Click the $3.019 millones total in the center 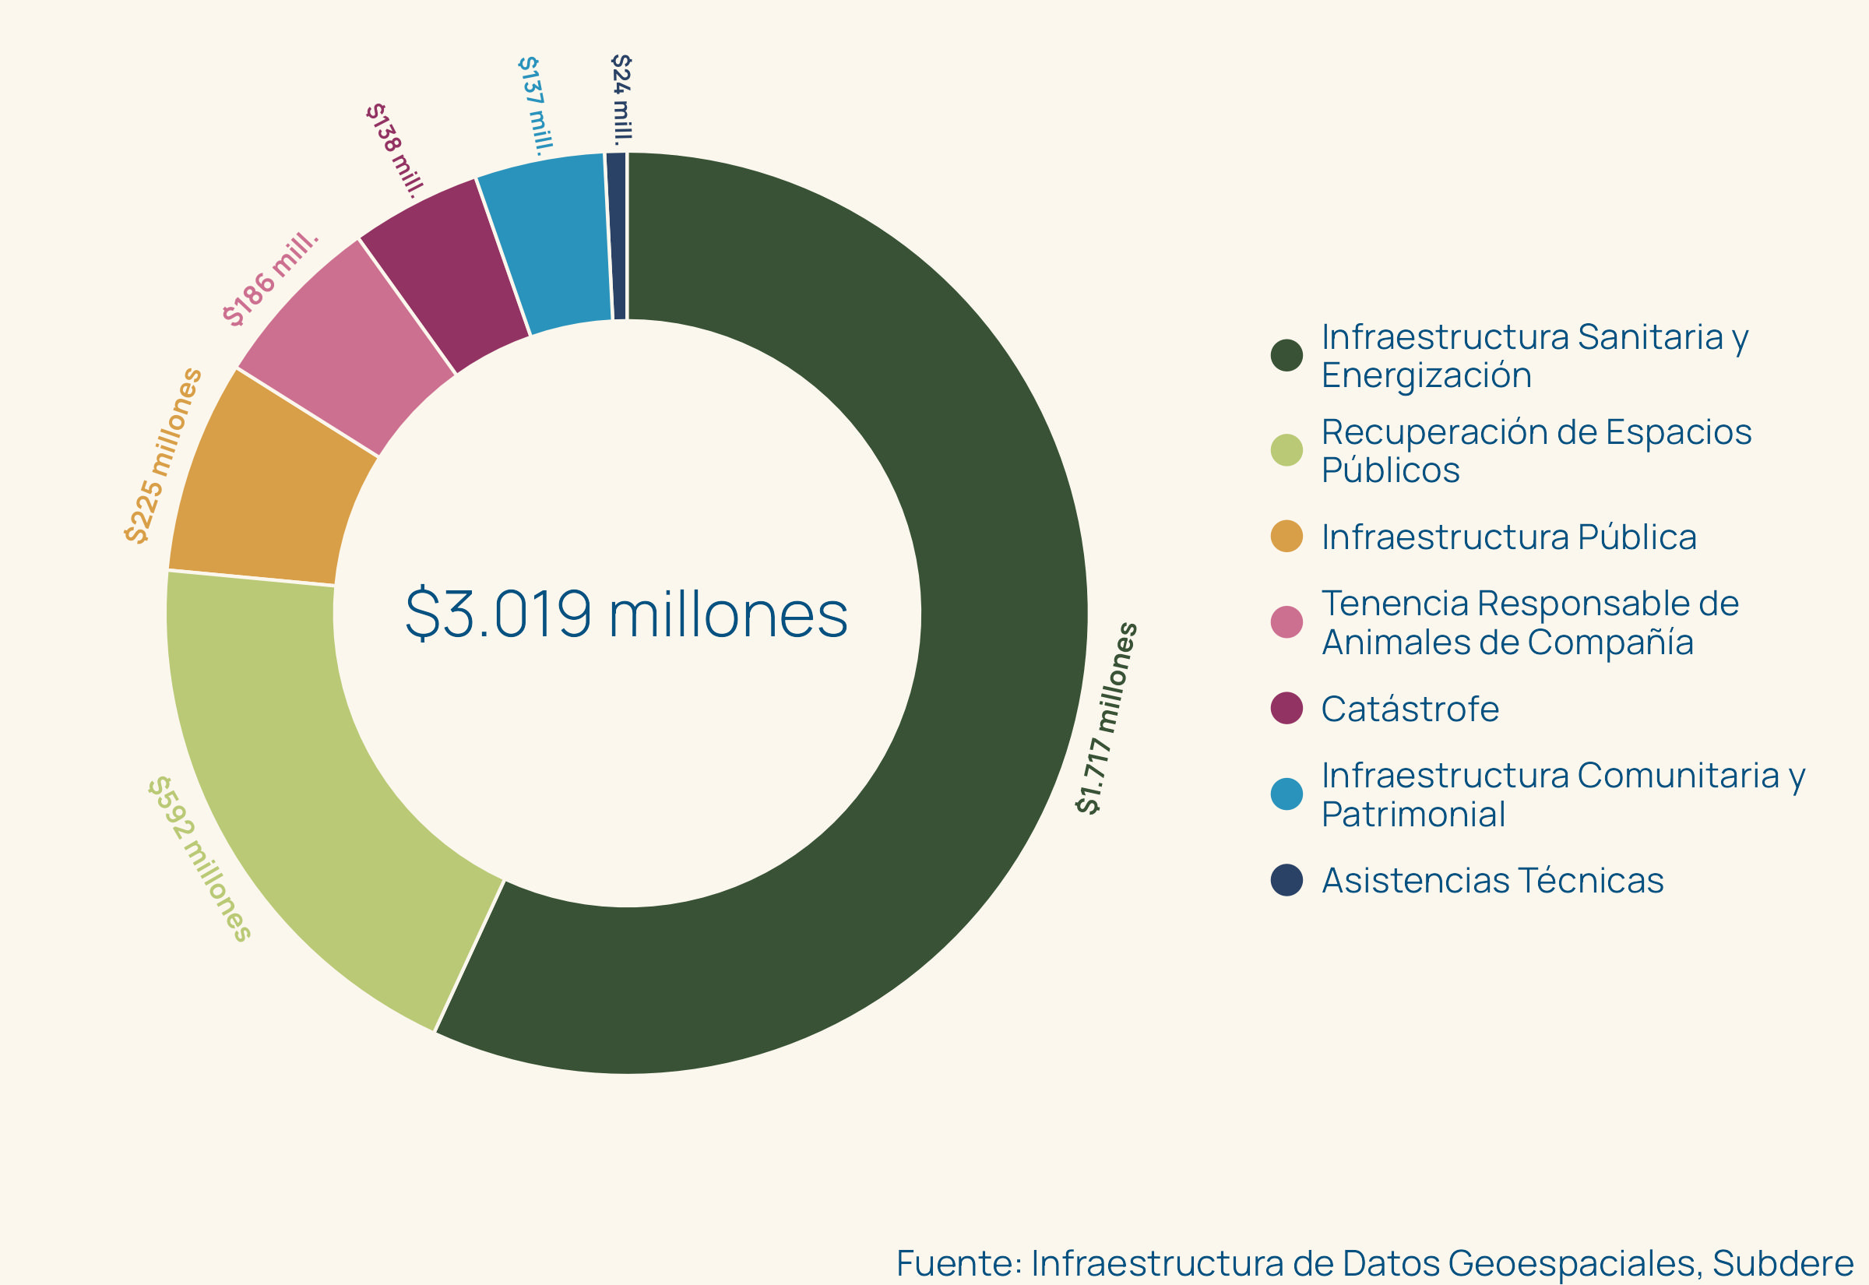pos(626,614)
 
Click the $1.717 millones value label pos(1107,718)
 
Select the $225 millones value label pos(163,456)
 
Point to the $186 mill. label pos(270,280)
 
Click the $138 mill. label pos(394,150)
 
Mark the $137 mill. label pos(535,105)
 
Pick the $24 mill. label pos(621,97)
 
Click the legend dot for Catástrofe pos(1286,708)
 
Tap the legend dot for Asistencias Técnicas pos(1286,880)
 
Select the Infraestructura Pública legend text pos(1508,537)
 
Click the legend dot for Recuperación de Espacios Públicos pos(1286,450)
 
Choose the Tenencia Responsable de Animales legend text pos(1529,622)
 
